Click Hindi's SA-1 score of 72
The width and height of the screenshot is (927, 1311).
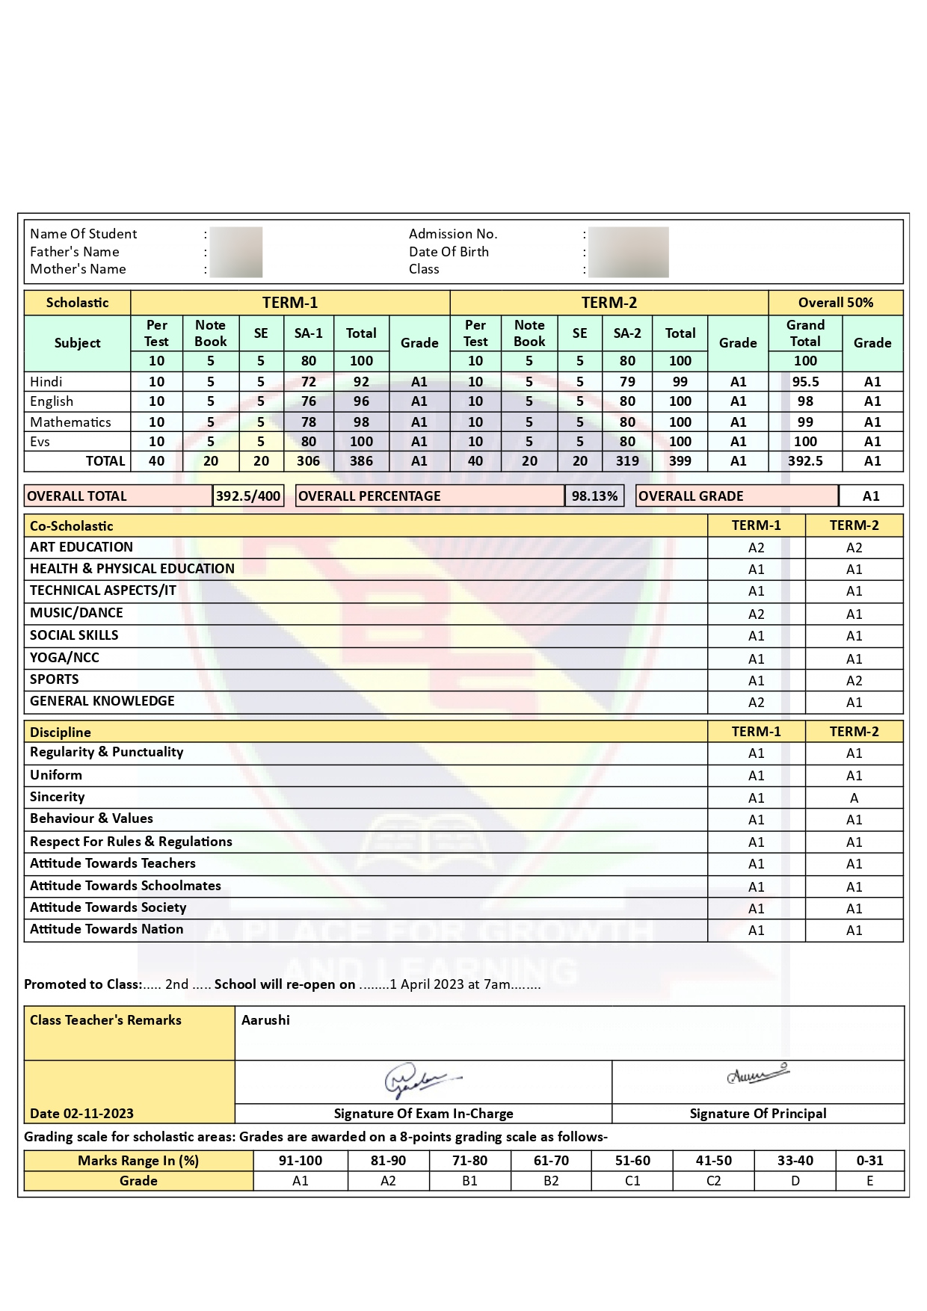pyautogui.click(x=308, y=382)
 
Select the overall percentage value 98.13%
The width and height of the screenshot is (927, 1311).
pyautogui.click(x=594, y=496)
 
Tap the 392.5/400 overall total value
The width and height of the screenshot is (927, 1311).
pyautogui.click(x=248, y=496)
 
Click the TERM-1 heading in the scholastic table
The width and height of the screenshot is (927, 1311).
pyautogui.click(x=290, y=303)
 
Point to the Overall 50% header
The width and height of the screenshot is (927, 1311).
pyautogui.click(x=835, y=303)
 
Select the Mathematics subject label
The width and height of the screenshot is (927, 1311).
pyautogui.click(x=70, y=422)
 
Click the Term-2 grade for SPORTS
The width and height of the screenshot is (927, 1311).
pyautogui.click(x=854, y=681)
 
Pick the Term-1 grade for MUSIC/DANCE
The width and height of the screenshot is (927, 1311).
pyautogui.click(x=756, y=614)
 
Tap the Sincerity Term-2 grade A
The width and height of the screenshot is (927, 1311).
pyautogui.click(x=854, y=798)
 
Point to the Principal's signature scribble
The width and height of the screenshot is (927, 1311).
pyautogui.click(x=757, y=1075)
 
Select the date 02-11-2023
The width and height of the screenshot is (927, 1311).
pyautogui.click(x=98, y=1114)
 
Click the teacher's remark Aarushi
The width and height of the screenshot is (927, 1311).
pyautogui.click(x=265, y=1020)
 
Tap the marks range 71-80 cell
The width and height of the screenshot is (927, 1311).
pyautogui.click(x=469, y=1161)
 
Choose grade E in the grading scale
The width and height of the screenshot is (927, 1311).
pyautogui.click(x=869, y=1181)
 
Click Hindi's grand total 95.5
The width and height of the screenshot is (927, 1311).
pyautogui.click(x=805, y=382)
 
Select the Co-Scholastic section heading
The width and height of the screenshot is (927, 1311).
pyautogui.click(x=72, y=526)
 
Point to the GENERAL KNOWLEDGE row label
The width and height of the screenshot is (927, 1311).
pyautogui.click(x=102, y=701)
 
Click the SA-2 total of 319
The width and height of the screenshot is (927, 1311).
pyautogui.click(x=627, y=461)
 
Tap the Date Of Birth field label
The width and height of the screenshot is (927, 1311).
pyautogui.click(x=449, y=252)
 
